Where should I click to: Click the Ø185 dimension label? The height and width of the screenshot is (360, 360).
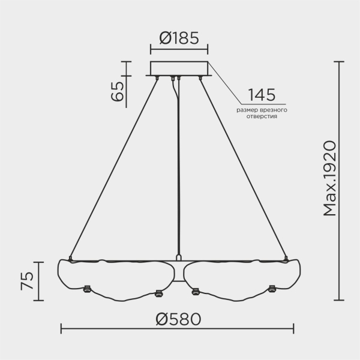179,40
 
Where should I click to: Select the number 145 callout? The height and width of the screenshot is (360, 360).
262,95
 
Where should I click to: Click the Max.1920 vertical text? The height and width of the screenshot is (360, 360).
328,179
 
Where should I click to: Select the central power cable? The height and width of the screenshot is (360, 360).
178,168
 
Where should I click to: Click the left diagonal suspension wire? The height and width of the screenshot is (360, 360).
114,168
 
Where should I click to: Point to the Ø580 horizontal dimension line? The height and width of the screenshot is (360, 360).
120,328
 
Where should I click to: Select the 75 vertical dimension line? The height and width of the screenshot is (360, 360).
41,280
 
